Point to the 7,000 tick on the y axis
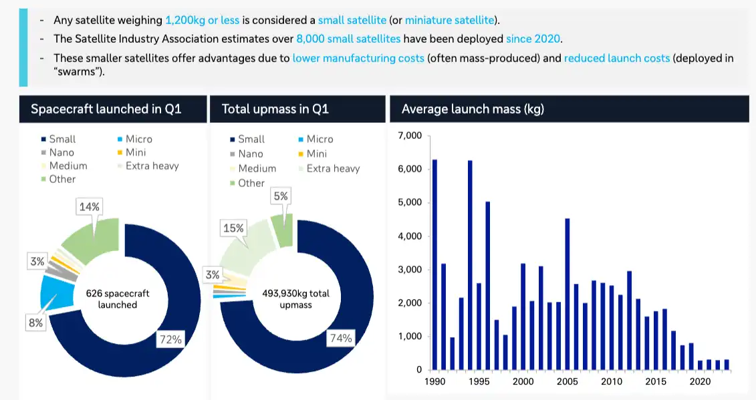pyautogui.click(x=409, y=136)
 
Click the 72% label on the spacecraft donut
pyautogui.click(x=170, y=339)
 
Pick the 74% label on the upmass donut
pyautogui.click(x=340, y=339)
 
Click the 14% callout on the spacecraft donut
pyautogui.click(x=90, y=207)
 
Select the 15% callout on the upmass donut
pyautogui.click(x=233, y=228)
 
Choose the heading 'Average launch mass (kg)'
pyautogui.click(x=473, y=109)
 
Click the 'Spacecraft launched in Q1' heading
pyautogui.click(x=106, y=109)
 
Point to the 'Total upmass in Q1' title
pyautogui.click(x=275, y=109)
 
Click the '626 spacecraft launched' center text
pyautogui.click(x=118, y=299)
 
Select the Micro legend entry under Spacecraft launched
pyautogui.click(x=138, y=139)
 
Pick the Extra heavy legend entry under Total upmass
pyautogui.click(x=332, y=168)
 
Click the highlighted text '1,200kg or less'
pyautogui.click(x=203, y=20)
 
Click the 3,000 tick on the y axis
pyautogui.click(x=409, y=269)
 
